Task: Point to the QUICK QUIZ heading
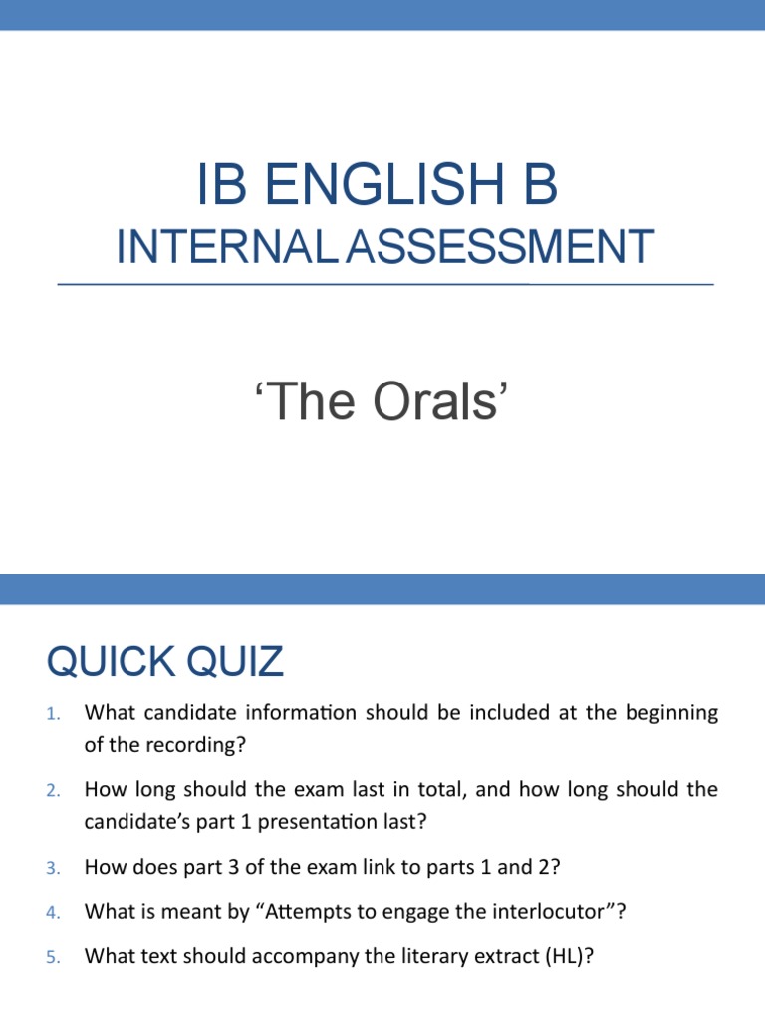coord(164,661)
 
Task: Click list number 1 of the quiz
coord(54,714)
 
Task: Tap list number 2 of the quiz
coord(54,791)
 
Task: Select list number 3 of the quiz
coord(54,868)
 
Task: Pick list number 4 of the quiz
coord(54,911)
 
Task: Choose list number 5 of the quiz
coord(54,957)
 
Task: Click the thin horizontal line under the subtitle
coord(385,285)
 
